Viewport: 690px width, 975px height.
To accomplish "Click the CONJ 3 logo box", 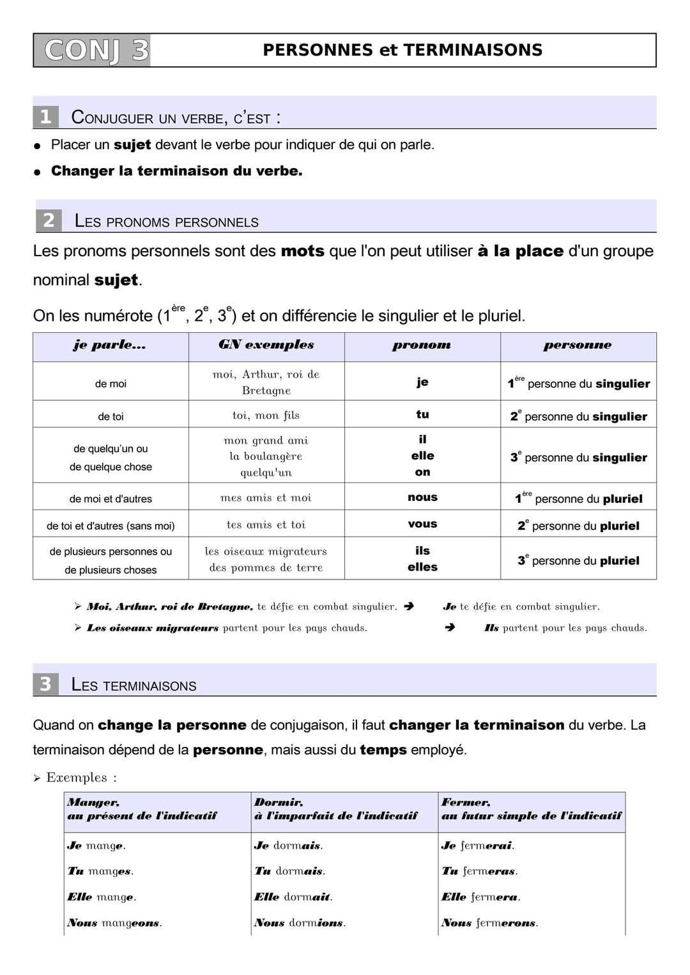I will coord(92,50).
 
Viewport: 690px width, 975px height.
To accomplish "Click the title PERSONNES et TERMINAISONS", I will coord(402,50).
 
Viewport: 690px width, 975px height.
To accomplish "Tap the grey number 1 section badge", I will coord(45,117).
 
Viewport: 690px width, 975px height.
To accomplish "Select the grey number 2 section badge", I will coord(49,220).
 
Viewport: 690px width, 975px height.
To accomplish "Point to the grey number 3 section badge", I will coord(45,684).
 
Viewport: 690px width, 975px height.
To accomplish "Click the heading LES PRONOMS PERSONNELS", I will coord(166,222).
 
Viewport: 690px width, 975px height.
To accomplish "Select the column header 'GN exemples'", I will coord(266,345).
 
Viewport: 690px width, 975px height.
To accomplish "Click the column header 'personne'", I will coord(578,345).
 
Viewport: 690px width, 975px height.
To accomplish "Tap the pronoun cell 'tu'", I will coord(422,415).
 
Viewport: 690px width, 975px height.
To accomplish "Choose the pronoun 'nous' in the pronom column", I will coord(422,497).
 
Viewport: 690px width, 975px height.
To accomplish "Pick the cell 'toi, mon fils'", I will coord(266,415).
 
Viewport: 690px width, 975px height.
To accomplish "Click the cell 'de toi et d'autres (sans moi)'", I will coord(111,526).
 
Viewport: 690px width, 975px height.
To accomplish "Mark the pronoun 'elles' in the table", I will coord(422,567).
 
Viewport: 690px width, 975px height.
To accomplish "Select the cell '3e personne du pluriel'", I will coord(578,561).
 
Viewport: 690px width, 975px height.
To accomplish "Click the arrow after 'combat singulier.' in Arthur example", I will coord(409,606).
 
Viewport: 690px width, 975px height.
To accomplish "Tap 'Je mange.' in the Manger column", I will coord(96,846).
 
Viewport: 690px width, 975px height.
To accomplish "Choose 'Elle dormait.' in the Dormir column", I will coord(293,897).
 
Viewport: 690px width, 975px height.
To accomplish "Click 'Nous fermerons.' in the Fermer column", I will coord(489,923).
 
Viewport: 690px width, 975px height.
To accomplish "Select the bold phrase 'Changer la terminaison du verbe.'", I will coord(176,171).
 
